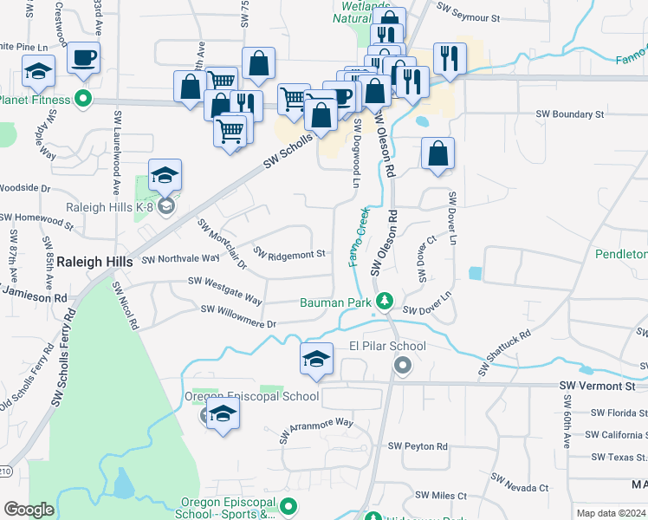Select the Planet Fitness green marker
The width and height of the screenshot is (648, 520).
point(83,99)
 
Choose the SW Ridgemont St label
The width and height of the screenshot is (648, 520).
point(289,253)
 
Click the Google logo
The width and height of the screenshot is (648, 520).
point(28,510)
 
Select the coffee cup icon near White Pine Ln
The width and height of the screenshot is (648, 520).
point(85,59)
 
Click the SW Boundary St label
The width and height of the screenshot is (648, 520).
point(569,114)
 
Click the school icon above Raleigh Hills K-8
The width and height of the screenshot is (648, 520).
point(165,177)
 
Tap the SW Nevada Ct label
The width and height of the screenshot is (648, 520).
point(519,483)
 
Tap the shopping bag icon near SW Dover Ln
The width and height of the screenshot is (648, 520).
point(438,153)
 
